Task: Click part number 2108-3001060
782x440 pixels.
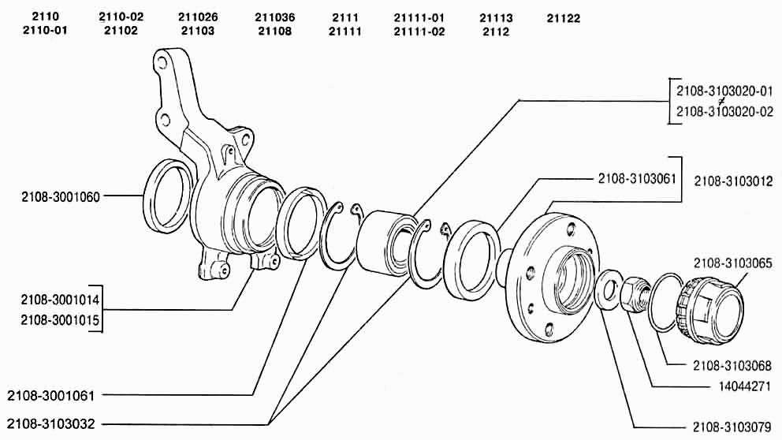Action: click(x=61, y=196)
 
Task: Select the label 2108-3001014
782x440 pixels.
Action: click(x=61, y=300)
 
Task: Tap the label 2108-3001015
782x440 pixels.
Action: click(x=61, y=320)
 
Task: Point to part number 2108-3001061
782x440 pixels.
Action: click(x=51, y=396)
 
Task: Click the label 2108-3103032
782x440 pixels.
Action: click(x=51, y=424)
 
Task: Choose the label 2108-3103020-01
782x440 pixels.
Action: click(x=724, y=91)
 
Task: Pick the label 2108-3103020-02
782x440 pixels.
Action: click(x=724, y=111)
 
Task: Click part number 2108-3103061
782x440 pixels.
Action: click(x=637, y=178)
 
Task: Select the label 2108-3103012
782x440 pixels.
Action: click(x=733, y=181)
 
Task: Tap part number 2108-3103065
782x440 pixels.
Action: click(x=732, y=263)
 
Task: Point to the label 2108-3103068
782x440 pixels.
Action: click(x=732, y=366)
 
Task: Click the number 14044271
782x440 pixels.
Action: click(x=745, y=386)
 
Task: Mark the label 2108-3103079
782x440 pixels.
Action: click(x=732, y=427)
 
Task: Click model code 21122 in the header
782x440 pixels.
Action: click(x=564, y=18)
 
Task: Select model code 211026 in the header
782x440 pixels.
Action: click(x=198, y=17)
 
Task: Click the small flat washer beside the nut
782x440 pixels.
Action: click(x=608, y=289)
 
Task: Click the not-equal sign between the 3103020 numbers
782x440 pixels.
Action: click(x=721, y=101)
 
